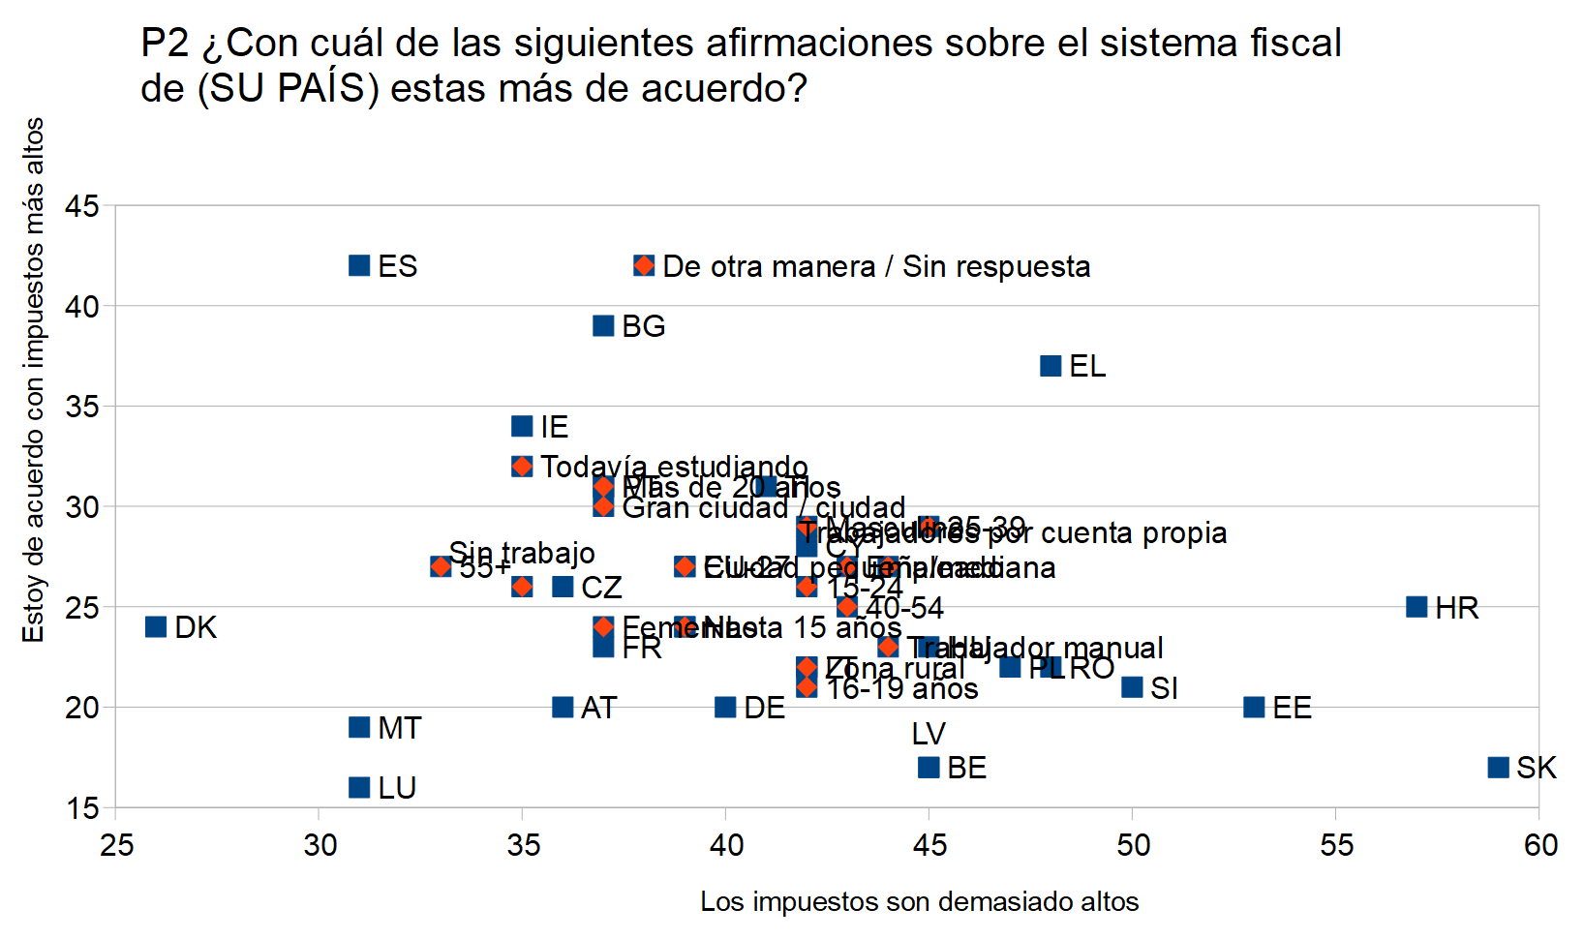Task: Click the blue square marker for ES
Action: [x=359, y=265]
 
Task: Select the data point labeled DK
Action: [x=156, y=626]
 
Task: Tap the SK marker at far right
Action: [x=1498, y=767]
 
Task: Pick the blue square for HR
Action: [x=1416, y=607]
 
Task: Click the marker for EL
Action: [x=1051, y=366]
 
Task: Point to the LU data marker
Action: [x=359, y=787]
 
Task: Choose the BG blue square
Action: [x=603, y=325]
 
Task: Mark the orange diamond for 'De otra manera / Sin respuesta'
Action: [x=644, y=265]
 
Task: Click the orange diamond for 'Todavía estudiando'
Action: [x=522, y=467]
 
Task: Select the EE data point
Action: [x=1254, y=707]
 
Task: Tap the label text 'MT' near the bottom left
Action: [x=399, y=728]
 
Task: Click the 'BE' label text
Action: [x=966, y=768]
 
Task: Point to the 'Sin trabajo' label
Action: [x=522, y=553]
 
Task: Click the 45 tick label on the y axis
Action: [x=82, y=206]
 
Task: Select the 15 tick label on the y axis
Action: [x=82, y=808]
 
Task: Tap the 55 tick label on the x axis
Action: [x=1336, y=845]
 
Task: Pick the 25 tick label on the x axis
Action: [x=116, y=845]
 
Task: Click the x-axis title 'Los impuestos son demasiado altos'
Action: [x=919, y=902]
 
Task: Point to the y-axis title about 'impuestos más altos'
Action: [x=34, y=379]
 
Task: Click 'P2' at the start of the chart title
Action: [x=166, y=44]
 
